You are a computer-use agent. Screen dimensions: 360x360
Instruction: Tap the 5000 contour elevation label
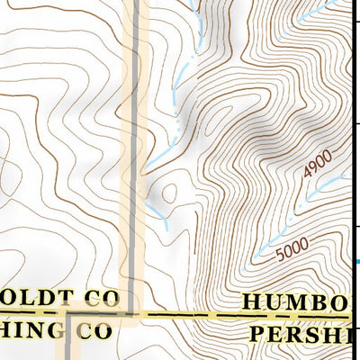292,248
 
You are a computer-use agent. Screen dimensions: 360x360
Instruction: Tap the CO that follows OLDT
101,298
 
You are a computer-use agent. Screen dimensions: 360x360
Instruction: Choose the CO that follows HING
92,329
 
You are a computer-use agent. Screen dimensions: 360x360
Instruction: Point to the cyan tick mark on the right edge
356,262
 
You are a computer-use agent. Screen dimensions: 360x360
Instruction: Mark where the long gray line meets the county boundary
133,314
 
